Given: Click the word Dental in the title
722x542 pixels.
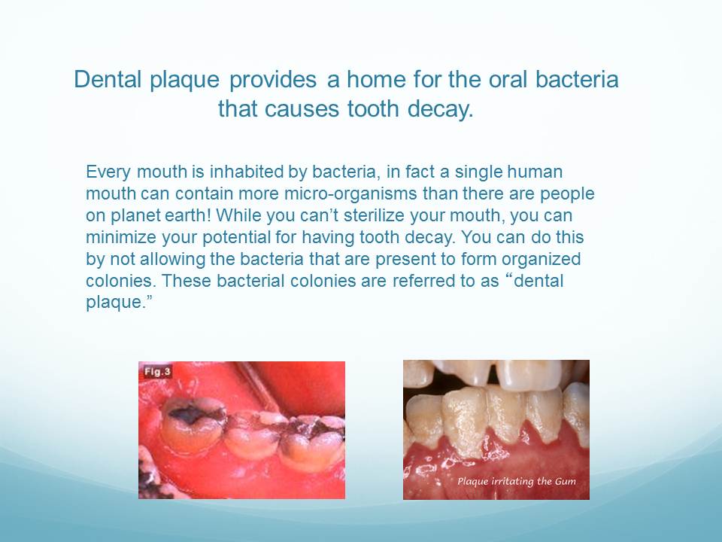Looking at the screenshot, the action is click(x=108, y=79).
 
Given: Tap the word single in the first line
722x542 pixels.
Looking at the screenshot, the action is click(x=478, y=172).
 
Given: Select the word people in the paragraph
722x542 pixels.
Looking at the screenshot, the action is click(x=567, y=194).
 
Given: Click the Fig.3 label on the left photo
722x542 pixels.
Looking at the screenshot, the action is click(x=157, y=371).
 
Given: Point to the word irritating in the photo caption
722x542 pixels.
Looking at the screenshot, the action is click(x=512, y=481).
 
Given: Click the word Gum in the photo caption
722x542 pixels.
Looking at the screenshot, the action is click(x=566, y=482).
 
